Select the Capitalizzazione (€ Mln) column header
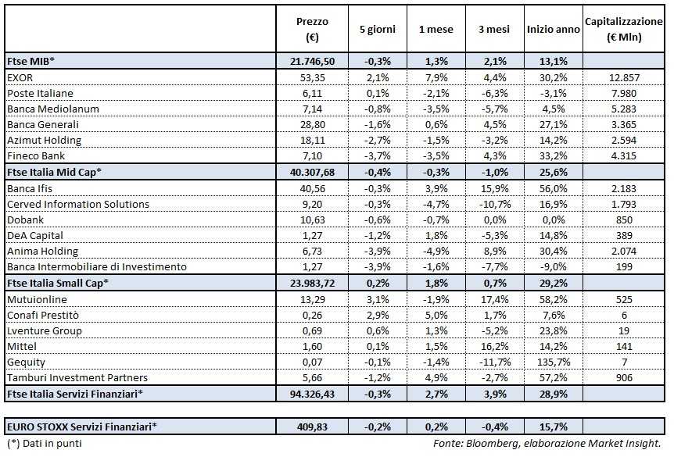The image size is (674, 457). [x=624, y=30]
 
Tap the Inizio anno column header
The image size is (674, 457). [x=554, y=30]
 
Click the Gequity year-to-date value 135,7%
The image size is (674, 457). [x=554, y=362]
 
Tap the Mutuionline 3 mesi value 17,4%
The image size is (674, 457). [x=494, y=299]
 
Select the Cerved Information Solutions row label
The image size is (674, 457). [x=77, y=204]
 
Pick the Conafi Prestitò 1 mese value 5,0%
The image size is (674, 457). [x=436, y=315]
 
